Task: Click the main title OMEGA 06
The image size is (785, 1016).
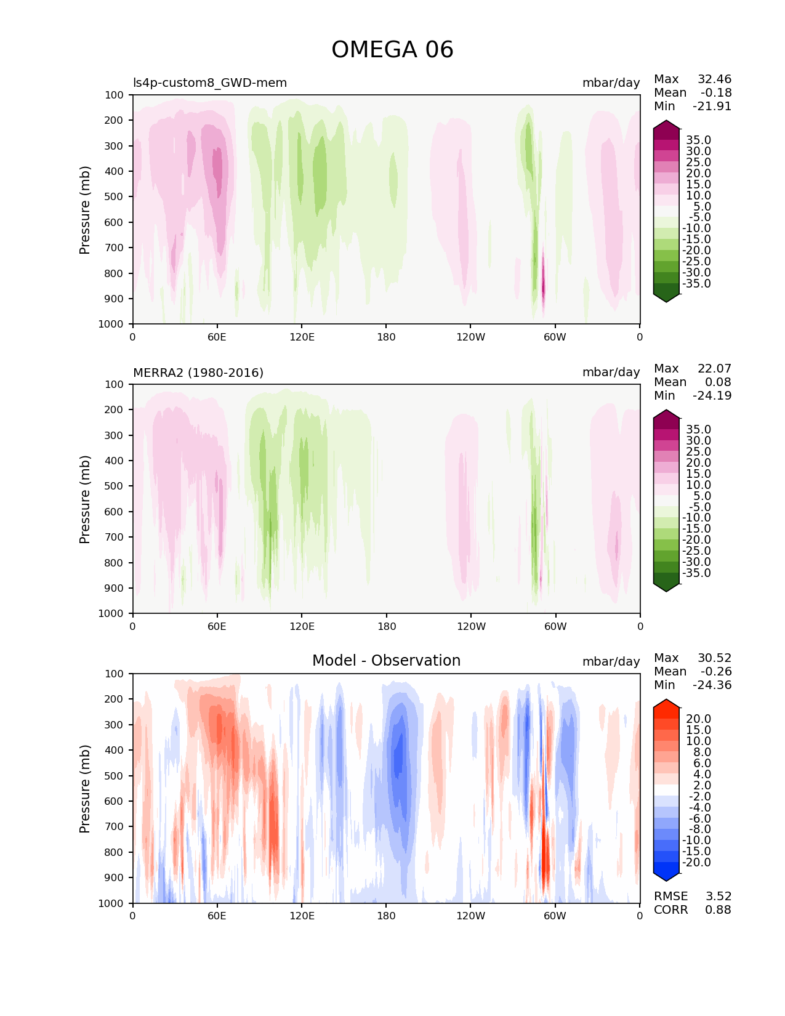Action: (x=392, y=50)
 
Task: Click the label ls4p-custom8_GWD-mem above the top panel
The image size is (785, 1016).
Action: (x=210, y=83)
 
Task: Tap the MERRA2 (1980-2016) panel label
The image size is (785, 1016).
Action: (x=198, y=373)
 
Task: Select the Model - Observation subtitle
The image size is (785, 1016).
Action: (x=386, y=661)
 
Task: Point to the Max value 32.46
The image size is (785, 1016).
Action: (x=714, y=79)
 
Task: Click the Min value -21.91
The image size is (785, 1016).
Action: (x=712, y=107)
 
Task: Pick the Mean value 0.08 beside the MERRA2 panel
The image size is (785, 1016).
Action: (x=718, y=382)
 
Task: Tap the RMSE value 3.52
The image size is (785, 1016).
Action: (x=718, y=897)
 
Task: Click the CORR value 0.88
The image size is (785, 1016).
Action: (x=718, y=910)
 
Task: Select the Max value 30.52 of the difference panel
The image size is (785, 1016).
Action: (x=714, y=658)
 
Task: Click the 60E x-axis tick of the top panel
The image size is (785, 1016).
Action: (x=217, y=337)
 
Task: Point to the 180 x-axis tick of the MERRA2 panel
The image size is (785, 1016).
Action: (x=386, y=626)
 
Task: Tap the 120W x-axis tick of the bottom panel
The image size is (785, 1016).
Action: (x=470, y=916)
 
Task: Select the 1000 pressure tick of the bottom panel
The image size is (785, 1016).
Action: (x=111, y=903)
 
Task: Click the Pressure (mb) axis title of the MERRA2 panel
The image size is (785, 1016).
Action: (x=85, y=499)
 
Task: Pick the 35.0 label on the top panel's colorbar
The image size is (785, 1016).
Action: (x=698, y=140)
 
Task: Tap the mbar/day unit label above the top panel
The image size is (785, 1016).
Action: (x=611, y=83)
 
